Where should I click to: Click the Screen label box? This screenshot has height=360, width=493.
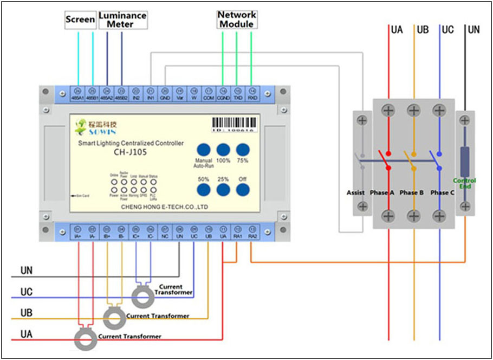(x=80, y=20)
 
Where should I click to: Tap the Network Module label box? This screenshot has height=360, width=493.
(x=236, y=19)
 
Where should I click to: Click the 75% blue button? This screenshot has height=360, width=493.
(x=243, y=150)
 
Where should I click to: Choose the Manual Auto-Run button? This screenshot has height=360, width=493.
(x=203, y=150)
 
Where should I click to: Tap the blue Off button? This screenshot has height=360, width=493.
(x=243, y=189)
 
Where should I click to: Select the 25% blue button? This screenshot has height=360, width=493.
(x=223, y=189)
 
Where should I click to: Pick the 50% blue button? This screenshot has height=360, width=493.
(x=203, y=189)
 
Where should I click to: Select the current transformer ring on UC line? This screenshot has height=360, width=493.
(x=144, y=297)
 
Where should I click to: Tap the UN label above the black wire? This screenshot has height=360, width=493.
(x=473, y=30)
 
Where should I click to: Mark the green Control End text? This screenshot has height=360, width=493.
(x=465, y=183)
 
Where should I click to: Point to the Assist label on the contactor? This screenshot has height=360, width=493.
(x=356, y=192)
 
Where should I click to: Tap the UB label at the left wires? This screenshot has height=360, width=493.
(x=26, y=314)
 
